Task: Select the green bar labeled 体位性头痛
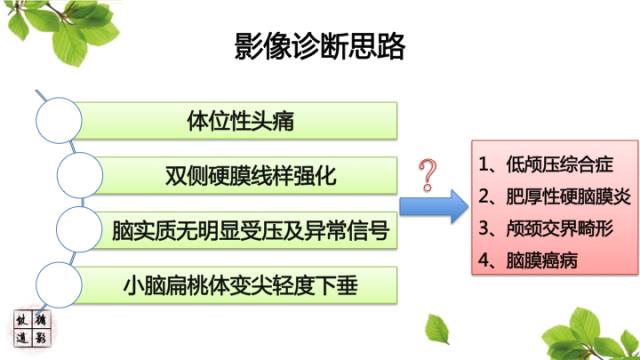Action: [240, 122]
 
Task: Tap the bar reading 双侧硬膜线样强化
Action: [250, 176]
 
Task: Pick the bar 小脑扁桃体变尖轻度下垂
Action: [250, 287]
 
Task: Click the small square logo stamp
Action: [32, 329]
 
